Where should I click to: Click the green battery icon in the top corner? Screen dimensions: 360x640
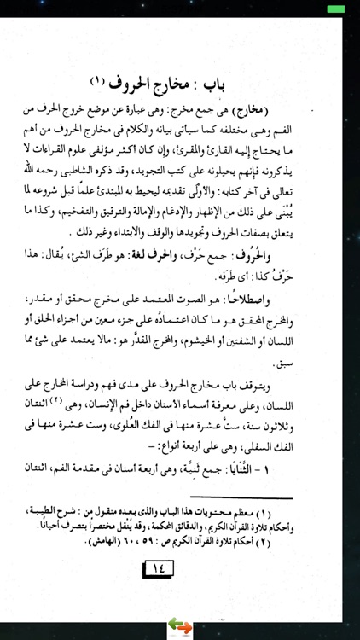click(337, 8)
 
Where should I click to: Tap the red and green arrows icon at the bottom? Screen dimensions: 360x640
click(181, 627)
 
